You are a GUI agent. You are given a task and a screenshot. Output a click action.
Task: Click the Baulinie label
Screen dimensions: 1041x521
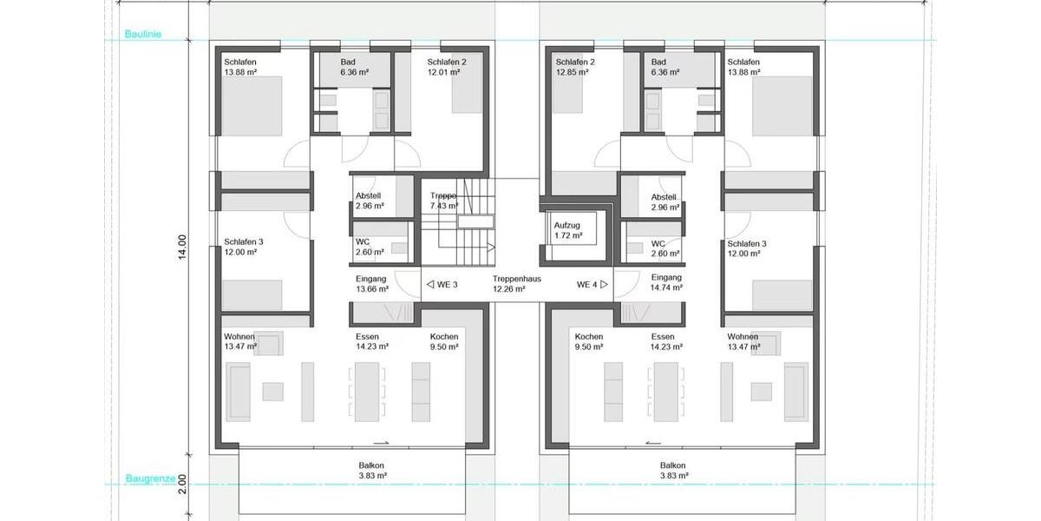coord(142,34)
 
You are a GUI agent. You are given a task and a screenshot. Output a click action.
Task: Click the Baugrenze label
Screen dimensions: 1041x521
coord(151,478)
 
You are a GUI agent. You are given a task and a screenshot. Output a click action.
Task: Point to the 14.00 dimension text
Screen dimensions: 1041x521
coord(181,247)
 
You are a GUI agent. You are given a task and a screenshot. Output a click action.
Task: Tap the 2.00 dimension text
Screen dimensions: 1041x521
coord(181,485)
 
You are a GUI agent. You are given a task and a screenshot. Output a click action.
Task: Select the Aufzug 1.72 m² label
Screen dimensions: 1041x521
coord(568,230)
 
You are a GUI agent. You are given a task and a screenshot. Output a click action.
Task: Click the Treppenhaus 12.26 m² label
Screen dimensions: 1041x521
coord(517,284)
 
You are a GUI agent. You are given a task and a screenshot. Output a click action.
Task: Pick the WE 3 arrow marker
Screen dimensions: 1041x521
coord(430,284)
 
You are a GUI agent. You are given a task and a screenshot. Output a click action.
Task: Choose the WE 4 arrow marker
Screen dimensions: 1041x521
coord(604,284)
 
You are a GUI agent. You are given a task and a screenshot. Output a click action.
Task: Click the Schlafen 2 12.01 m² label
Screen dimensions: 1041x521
coord(447,67)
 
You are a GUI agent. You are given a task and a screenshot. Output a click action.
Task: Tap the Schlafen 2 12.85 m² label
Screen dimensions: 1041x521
coord(575,67)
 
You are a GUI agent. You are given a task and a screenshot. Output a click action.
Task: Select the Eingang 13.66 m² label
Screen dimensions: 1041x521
coord(372,284)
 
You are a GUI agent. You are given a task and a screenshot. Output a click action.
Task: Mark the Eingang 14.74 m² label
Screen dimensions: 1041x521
coord(666,282)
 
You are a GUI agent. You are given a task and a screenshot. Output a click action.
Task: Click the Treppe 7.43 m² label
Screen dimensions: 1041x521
coord(444,201)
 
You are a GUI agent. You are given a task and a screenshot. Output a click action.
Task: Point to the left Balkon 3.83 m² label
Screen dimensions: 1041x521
coord(371,471)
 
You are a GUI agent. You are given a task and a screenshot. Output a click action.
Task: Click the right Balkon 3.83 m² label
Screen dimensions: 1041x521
coord(673,471)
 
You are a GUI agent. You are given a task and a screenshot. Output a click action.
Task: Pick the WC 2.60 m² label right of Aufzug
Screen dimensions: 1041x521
coord(665,249)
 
